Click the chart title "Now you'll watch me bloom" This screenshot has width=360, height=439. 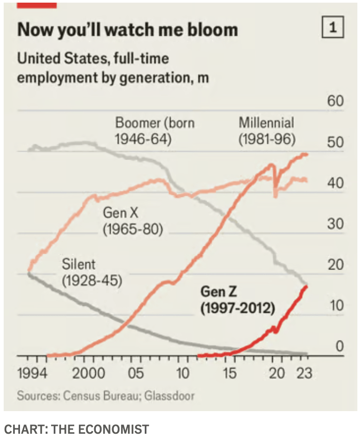point(127,29)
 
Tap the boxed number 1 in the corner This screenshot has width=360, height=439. point(332,28)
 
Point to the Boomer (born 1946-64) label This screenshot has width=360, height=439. point(155,131)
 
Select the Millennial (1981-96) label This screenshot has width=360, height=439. point(266,131)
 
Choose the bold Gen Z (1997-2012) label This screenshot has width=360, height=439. point(237,299)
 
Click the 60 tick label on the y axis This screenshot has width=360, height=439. point(335,101)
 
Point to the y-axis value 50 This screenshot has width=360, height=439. point(335,143)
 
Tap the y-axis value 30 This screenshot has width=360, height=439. point(335,224)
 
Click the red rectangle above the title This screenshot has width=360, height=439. point(36,4)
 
